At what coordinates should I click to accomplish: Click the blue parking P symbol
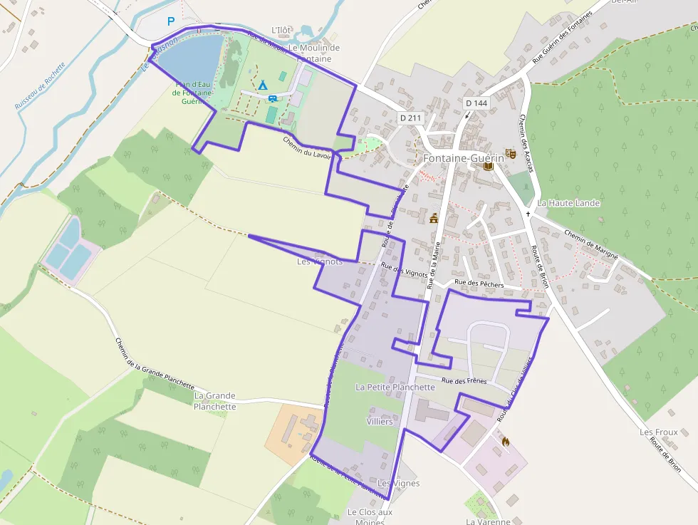[x=170, y=21]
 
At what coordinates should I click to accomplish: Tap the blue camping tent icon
[x=262, y=85]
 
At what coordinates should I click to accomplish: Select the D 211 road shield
[x=410, y=118]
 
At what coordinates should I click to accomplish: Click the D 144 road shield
[x=476, y=103]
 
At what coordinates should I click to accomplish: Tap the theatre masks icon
[x=509, y=153]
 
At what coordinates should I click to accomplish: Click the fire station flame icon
[x=505, y=442]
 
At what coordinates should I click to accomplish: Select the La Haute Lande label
[x=568, y=203]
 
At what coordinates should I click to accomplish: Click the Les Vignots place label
[x=320, y=261]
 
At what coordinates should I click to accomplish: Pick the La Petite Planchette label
[x=395, y=387]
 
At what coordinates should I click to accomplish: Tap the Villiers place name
[x=379, y=421]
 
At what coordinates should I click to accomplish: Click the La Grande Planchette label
[x=214, y=401]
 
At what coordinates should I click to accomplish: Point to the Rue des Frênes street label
[x=464, y=381]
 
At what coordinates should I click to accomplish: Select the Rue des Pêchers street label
[x=479, y=284]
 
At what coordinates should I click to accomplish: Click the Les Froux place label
[x=658, y=432]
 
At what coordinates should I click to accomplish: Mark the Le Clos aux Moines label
[x=370, y=517]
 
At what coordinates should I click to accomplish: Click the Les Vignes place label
[x=399, y=484]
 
